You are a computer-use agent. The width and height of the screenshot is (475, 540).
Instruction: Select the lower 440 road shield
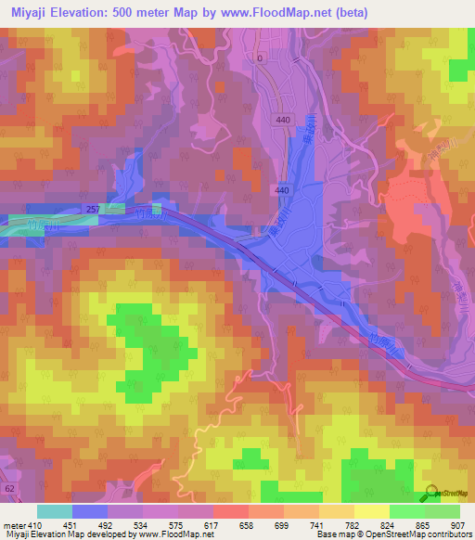point(281,189)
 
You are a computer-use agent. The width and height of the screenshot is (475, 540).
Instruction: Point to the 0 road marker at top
point(260,58)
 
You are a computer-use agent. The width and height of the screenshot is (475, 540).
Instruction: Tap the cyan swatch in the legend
point(54,511)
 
